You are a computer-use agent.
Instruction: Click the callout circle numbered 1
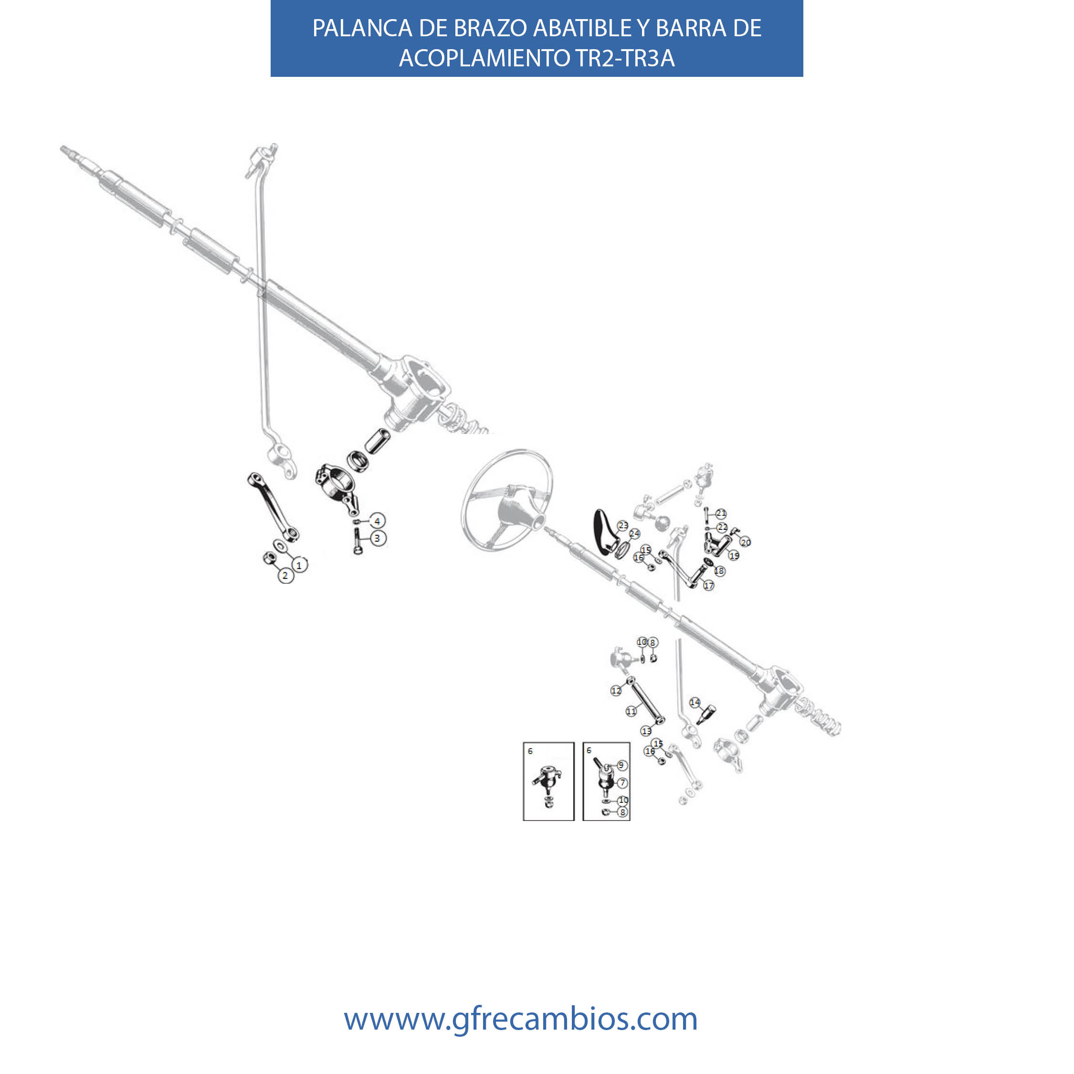(300, 565)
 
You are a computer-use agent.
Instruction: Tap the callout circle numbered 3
(378, 538)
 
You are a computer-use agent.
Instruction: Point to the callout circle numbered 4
(378, 521)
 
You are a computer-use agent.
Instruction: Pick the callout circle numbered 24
(634, 534)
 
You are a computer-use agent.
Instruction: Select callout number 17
(708, 585)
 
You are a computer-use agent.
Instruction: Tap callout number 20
(746, 542)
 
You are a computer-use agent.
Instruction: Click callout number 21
(721, 513)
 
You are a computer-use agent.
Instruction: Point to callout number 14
(695, 702)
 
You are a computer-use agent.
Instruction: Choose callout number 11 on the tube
(631, 711)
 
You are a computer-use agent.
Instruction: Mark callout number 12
(616, 690)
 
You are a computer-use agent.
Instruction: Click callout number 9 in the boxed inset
(621, 766)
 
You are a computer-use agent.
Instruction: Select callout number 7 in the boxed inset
(622, 783)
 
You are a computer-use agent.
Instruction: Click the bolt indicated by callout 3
(358, 541)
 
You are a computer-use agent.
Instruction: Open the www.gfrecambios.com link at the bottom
(520, 1019)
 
